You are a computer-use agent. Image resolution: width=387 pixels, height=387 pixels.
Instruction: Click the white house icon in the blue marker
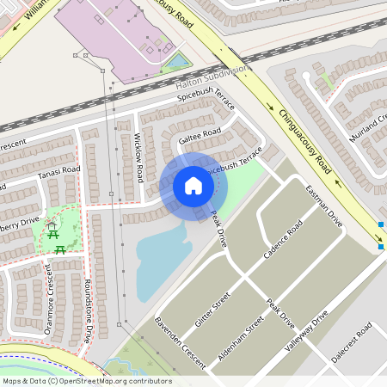pyautogui.click(x=193, y=186)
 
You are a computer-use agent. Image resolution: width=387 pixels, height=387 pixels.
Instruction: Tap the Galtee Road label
pyautogui.click(x=200, y=135)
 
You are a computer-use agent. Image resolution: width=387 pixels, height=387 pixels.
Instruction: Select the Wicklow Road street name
pyautogui.click(x=138, y=158)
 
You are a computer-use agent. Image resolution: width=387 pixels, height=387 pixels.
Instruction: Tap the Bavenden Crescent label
pyautogui.click(x=181, y=343)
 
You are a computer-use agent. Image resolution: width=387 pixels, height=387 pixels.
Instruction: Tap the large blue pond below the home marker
pyautogui.click(x=163, y=254)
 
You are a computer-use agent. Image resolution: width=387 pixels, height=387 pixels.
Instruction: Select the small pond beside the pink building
pyautogui.click(x=178, y=61)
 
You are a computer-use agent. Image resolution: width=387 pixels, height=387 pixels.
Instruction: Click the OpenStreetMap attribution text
pyautogui.click(x=86, y=381)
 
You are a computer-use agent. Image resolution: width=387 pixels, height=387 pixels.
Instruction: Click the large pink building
pyautogui.click(x=120, y=34)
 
